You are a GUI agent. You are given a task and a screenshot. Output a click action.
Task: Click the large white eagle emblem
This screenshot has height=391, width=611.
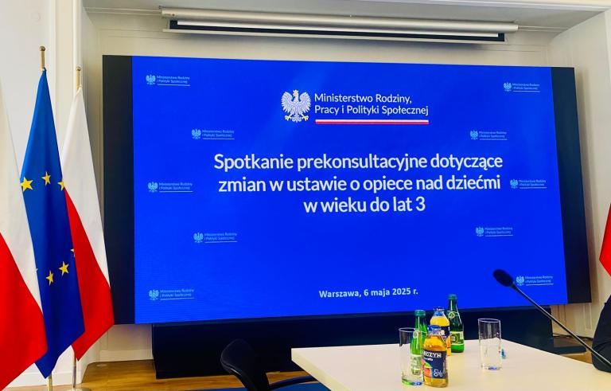(x=295, y=105)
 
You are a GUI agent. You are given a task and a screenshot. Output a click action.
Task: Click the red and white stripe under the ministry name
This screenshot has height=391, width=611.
(x=372, y=122)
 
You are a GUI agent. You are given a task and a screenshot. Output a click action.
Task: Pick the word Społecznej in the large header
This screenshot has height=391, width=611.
(x=399, y=109)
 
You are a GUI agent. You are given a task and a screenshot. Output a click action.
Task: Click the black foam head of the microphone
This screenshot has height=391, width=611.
(x=504, y=278)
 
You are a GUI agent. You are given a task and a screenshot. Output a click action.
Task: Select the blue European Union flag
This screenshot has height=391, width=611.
(x=51, y=223)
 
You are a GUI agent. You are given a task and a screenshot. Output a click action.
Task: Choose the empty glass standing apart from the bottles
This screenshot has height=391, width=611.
(x=489, y=343)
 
